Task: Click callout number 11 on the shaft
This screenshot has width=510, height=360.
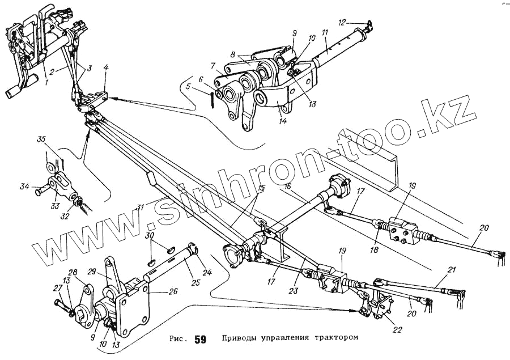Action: pos(324,34)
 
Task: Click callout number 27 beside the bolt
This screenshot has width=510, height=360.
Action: pos(56,288)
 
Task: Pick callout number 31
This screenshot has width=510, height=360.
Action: pos(139,206)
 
